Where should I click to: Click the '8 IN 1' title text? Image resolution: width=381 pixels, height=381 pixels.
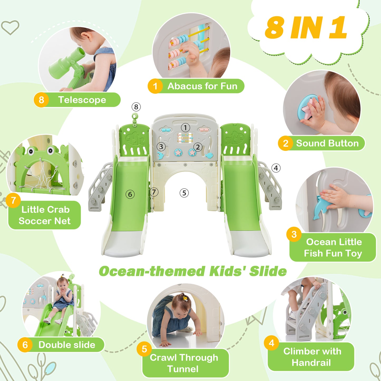(306, 27)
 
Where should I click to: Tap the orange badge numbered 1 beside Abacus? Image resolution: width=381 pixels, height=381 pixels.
(155, 86)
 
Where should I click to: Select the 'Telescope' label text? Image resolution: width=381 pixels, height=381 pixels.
(82, 100)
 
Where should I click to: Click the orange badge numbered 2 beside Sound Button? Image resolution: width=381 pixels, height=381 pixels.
(285, 143)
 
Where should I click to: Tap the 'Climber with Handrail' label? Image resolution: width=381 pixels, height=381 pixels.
(312, 357)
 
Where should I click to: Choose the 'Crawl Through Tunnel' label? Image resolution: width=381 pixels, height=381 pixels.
(184, 363)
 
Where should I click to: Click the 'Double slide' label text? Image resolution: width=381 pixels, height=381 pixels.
(67, 345)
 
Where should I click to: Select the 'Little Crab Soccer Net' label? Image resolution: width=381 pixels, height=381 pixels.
(45, 215)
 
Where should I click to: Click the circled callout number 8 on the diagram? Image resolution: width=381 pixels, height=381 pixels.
(136, 107)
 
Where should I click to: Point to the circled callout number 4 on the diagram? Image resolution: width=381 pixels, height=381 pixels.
(276, 168)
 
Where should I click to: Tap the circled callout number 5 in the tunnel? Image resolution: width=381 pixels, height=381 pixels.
(184, 193)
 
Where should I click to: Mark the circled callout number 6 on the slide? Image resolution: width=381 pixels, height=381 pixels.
(130, 195)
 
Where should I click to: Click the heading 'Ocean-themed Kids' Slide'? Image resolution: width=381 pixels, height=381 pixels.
(193, 271)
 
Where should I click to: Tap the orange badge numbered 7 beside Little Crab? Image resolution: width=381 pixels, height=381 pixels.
(13, 200)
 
